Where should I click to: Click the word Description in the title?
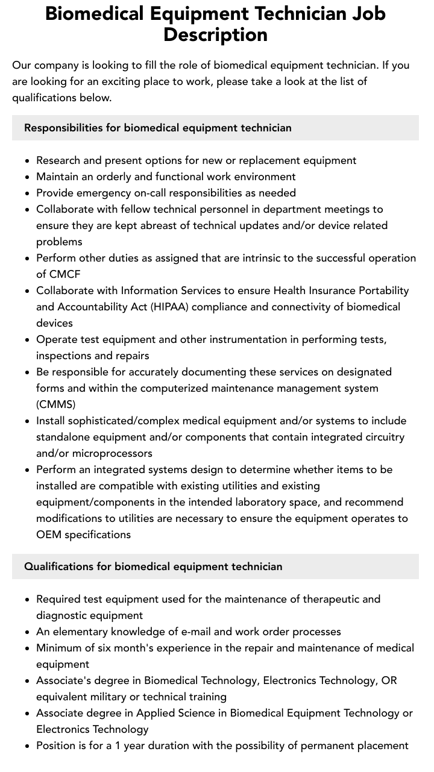pos(215,34)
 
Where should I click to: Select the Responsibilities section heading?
pos(157,128)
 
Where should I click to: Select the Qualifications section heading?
pos(153,566)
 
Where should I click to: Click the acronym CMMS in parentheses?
pos(56,404)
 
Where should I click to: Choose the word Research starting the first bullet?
pos(60,160)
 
